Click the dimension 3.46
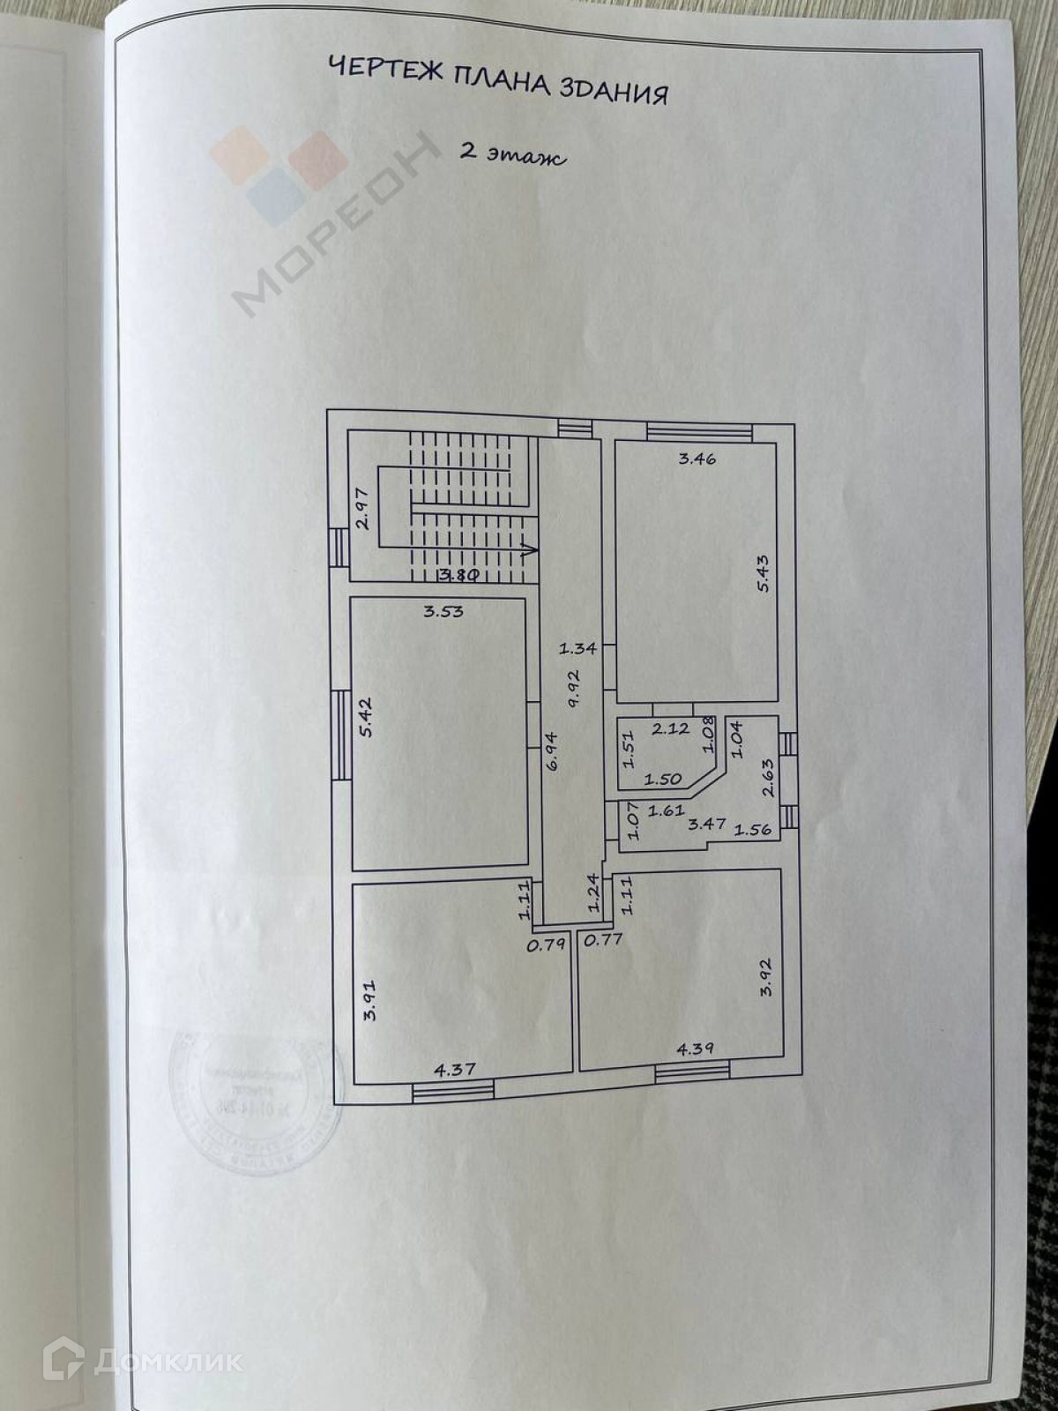click(x=697, y=458)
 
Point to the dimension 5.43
click(x=764, y=572)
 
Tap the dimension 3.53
click(x=443, y=610)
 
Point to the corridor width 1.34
click(x=578, y=648)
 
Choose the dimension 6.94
click(x=551, y=751)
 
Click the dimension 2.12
click(x=670, y=728)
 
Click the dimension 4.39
click(x=695, y=1049)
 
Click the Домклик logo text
click(x=168, y=1361)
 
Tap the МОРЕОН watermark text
click(x=339, y=225)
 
